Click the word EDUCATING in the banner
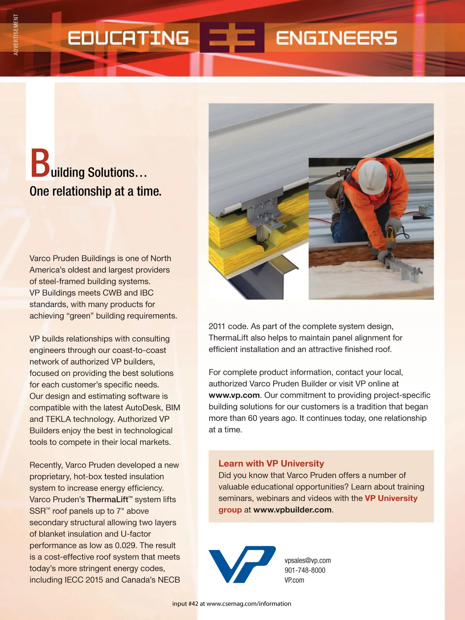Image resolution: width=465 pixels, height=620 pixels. [128, 38]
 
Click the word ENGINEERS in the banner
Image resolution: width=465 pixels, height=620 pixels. [336, 38]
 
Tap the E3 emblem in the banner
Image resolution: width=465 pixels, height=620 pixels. [232, 38]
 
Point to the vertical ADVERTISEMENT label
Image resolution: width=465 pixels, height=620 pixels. [16, 34]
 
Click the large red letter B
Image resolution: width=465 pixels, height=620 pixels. [40, 164]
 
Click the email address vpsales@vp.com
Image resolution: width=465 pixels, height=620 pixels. [308, 560]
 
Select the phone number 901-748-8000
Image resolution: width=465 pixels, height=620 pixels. [305, 570]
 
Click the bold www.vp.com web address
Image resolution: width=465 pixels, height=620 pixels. [234, 395]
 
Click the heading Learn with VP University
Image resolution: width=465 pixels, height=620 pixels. [271, 463]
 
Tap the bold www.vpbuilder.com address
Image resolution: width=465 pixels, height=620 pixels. [292, 510]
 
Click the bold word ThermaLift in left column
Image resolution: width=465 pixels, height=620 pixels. [108, 499]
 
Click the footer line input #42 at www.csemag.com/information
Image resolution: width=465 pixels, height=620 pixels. [232, 604]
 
